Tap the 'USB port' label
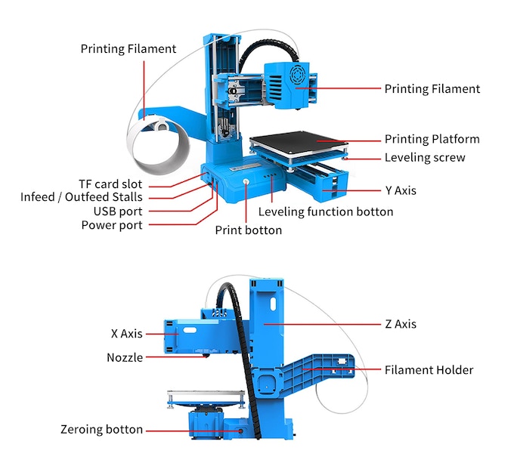(117, 211)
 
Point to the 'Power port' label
(112, 225)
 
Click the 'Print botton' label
(248, 230)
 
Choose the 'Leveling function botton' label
(326, 212)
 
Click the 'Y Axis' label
(401, 191)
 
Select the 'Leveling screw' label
(425, 158)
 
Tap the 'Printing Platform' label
(432, 140)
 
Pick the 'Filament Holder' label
(429, 370)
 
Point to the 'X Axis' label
(126, 333)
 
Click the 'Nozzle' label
(125, 357)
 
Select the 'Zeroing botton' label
(101, 430)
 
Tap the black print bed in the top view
(298, 141)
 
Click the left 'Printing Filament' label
(128, 49)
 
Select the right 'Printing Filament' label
(432, 89)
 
